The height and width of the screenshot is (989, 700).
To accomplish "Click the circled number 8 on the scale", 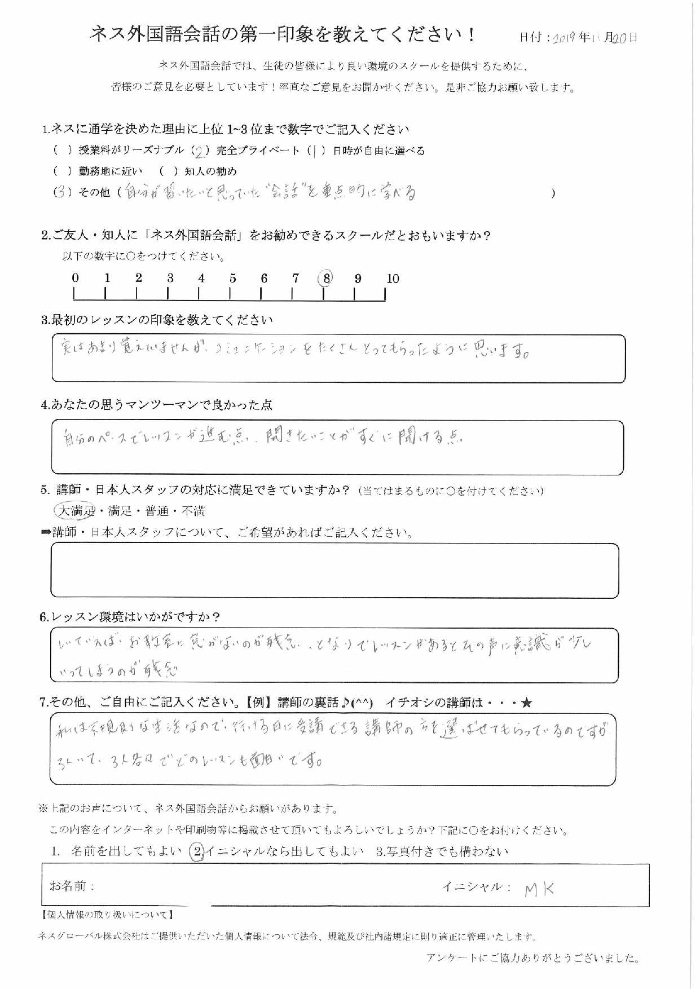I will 326,278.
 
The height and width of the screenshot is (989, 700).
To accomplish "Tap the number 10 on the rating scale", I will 393,279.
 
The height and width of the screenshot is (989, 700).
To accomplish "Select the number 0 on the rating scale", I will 76,278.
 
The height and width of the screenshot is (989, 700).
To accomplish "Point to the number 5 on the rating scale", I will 232,279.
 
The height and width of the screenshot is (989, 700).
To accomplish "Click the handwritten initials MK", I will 539,890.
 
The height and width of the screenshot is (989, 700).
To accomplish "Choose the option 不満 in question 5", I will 193,511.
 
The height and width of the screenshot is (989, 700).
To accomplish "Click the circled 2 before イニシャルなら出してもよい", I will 196,852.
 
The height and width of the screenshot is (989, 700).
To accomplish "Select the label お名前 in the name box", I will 72,886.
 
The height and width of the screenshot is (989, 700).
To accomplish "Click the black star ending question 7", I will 526,703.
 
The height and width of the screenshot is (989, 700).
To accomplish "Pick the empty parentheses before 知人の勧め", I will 169,171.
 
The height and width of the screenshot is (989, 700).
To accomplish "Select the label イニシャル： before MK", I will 476,887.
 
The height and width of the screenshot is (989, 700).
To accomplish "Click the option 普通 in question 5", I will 156,511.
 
